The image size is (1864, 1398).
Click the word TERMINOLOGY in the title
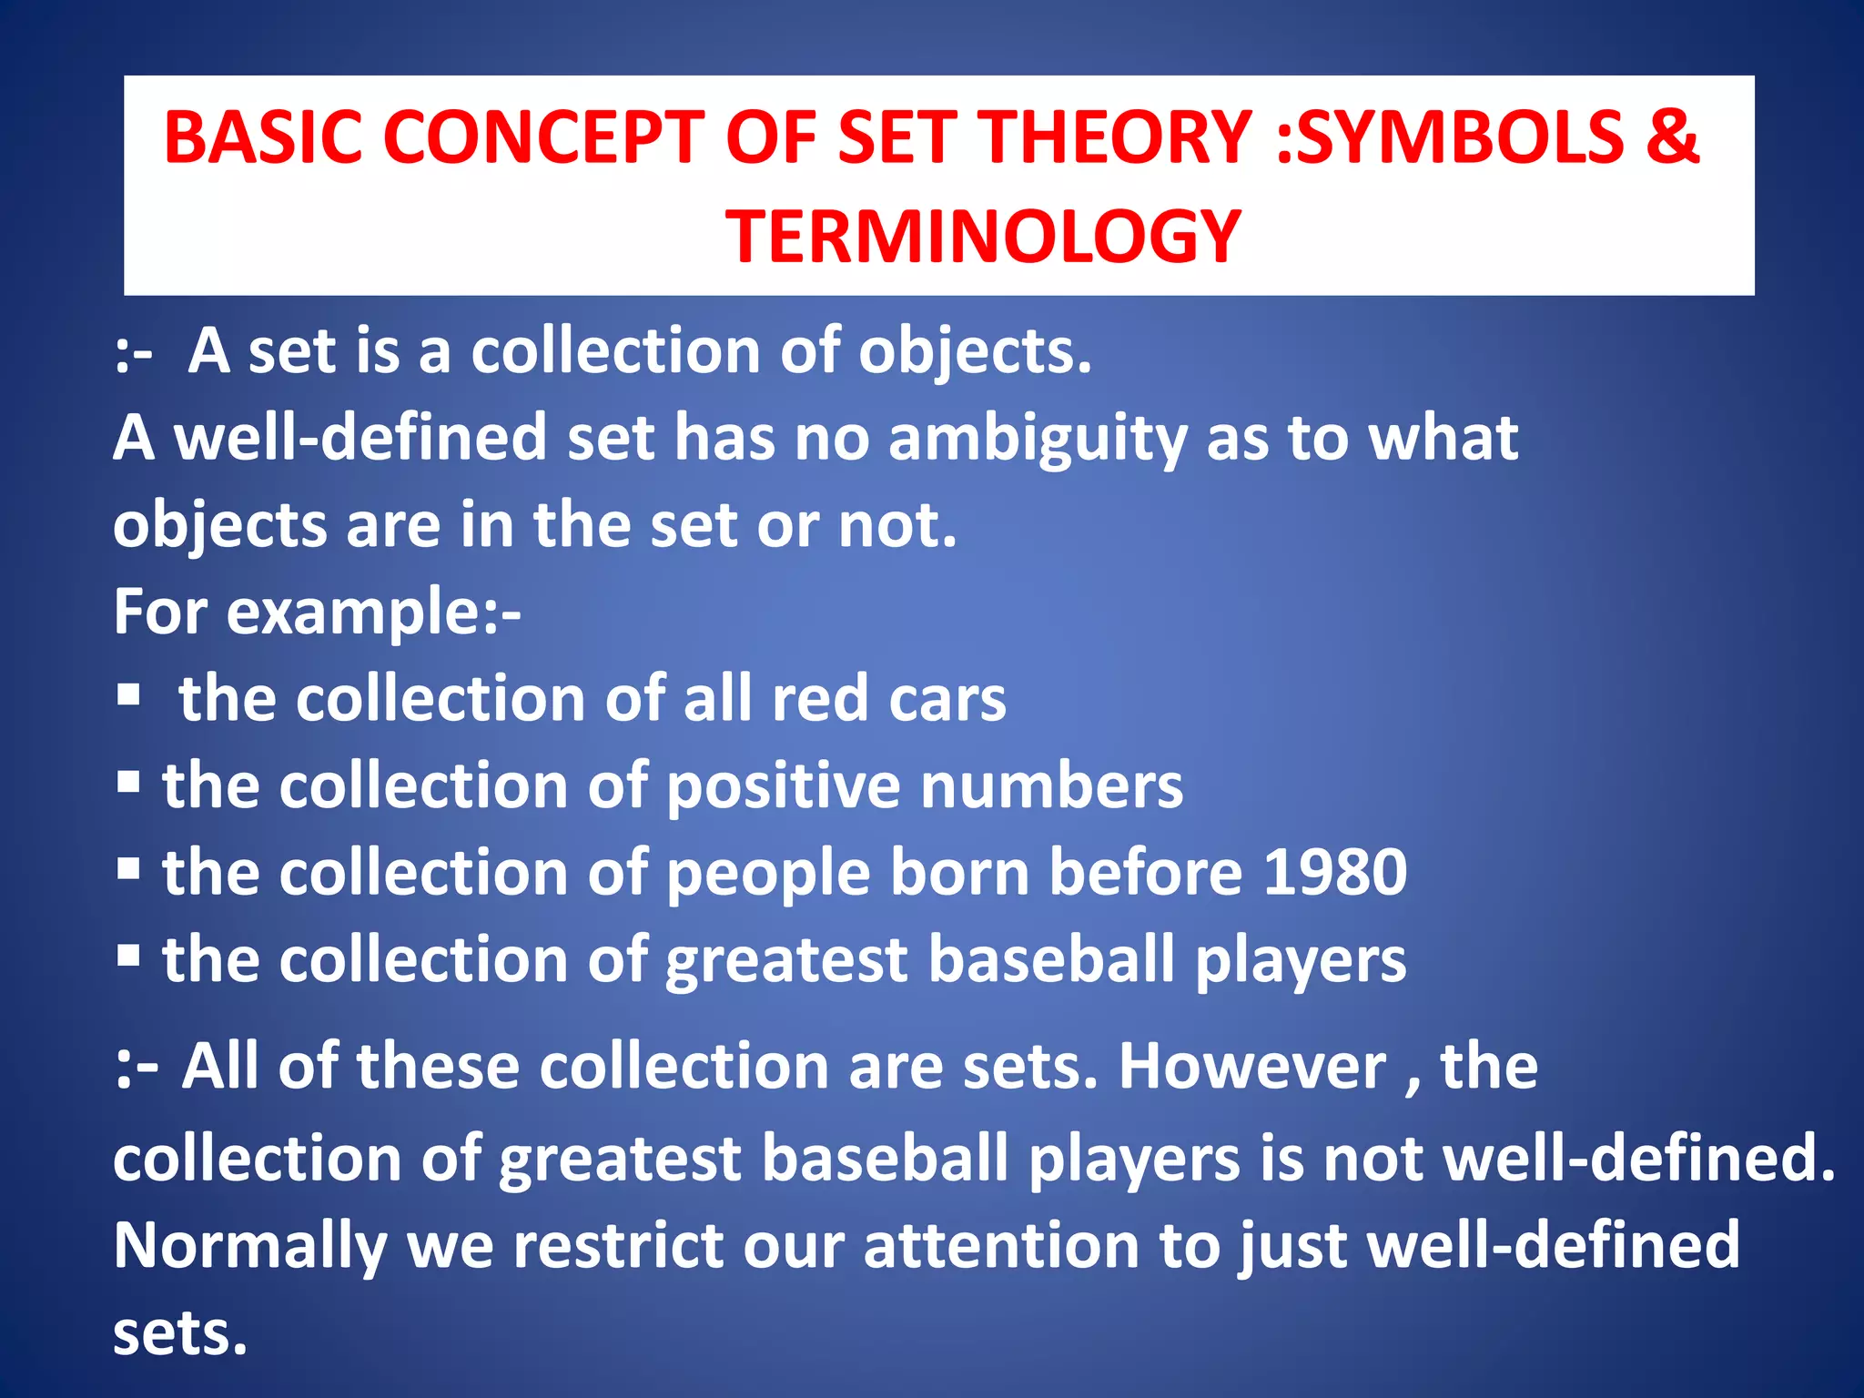coord(983,236)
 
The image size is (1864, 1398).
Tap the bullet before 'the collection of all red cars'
coord(128,696)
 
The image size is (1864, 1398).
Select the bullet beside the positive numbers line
coord(128,782)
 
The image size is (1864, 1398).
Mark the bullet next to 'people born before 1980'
coord(128,869)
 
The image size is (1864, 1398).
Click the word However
coord(1251,1066)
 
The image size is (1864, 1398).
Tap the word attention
coord(1001,1245)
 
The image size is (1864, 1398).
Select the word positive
coord(783,787)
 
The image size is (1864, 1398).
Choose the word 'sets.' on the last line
coord(180,1333)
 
